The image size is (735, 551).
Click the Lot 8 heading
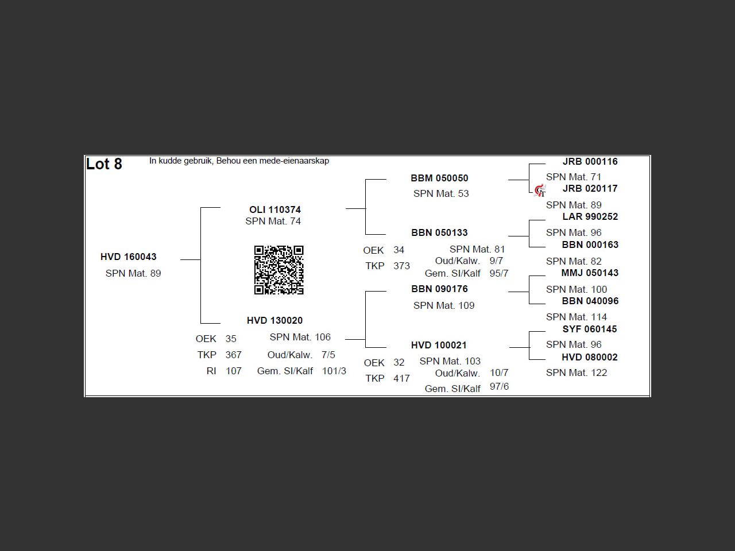[x=104, y=164]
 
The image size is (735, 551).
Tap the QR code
[x=279, y=270]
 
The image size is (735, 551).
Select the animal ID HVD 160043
[x=129, y=257]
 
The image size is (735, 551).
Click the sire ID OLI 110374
[x=275, y=210]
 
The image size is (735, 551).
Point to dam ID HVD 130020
[x=275, y=321]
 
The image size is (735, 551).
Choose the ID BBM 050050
[x=439, y=179]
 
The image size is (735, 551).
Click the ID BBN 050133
[x=439, y=233]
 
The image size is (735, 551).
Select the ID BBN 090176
[x=439, y=289]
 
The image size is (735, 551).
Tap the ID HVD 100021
[x=439, y=346]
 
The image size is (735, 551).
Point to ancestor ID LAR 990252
[x=590, y=217]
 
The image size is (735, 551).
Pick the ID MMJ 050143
[x=590, y=273]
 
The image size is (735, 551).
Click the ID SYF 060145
[x=590, y=329]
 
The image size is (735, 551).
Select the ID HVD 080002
[x=590, y=358]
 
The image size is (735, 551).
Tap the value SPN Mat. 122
[x=577, y=373]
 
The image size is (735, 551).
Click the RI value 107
[x=234, y=371]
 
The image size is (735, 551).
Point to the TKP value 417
[x=401, y=379]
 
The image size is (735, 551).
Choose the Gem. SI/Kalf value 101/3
[x=334, y=371]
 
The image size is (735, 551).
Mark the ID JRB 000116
[x=590, y=162]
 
